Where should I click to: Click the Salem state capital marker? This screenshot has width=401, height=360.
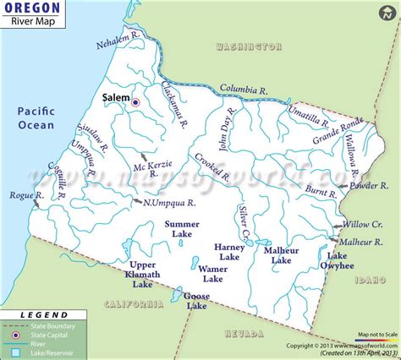(x=135, y=101)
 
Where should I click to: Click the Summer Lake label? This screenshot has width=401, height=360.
(x=182, y=229)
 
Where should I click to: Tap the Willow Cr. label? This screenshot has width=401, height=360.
(x=365, y=225)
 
